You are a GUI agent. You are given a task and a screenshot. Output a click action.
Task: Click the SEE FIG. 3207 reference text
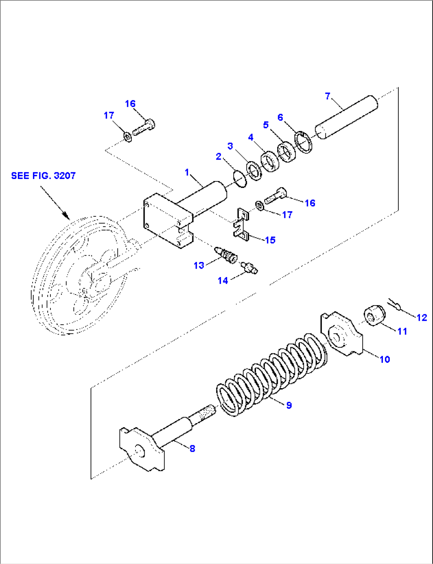point(43,175)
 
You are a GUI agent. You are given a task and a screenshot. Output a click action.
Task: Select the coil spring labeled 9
point(272,375)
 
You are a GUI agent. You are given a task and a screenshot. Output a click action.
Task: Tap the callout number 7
point(328,96)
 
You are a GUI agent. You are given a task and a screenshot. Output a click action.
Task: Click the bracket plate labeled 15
point(242,225)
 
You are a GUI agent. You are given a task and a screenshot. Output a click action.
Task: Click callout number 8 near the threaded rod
point(192,449)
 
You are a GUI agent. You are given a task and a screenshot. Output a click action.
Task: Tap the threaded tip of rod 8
point(206,412)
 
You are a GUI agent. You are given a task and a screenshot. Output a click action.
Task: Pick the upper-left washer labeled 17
point(128,137)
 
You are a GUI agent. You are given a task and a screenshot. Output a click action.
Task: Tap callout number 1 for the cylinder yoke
point(187,172)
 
